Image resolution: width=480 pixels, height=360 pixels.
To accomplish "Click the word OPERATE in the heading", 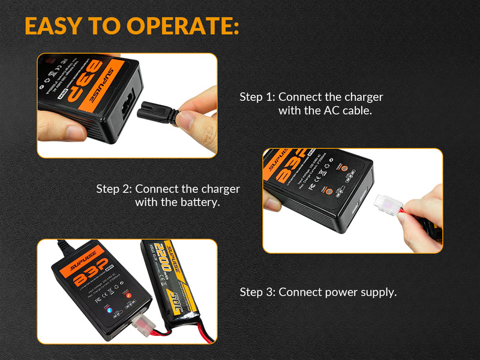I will (x=184, y=26).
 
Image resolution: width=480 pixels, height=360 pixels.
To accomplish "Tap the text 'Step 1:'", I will (x=257, y=97).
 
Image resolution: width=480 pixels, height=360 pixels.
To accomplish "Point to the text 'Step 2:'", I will (x=114, y=188).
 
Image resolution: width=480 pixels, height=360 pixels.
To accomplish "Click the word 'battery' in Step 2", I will (x=199, y=202).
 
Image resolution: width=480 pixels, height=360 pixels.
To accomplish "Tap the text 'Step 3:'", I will (x=257, y=292).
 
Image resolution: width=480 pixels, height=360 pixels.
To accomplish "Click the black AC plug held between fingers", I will (x=157, y=112).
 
